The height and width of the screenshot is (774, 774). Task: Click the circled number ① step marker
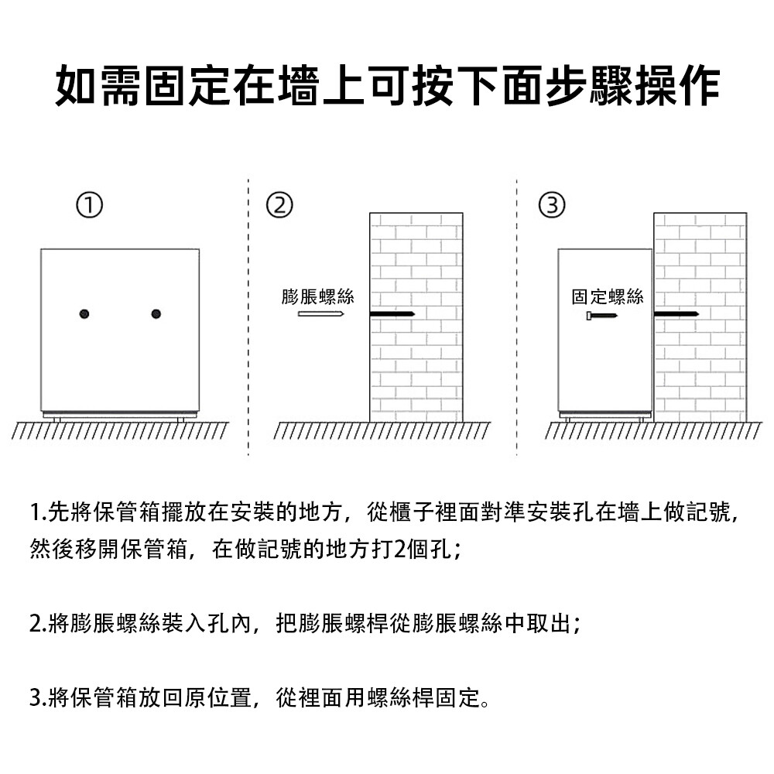pos(89,205)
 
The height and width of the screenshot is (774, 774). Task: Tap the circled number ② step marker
pos(279,205)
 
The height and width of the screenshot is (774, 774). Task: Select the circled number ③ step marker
pos(552,205)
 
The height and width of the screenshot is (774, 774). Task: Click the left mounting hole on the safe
pos(84,314)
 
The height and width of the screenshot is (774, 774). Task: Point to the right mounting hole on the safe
pos(156,314)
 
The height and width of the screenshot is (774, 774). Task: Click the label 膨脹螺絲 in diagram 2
pos(318,296)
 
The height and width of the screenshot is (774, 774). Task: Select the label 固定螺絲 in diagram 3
pos(608,296)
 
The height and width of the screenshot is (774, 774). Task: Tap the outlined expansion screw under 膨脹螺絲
pos(321,314)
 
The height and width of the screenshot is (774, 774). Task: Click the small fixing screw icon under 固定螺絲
pos(601,316)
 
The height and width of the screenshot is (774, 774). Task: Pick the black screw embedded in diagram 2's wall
pos(392,314)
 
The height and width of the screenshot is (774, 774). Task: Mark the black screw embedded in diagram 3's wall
pos(676,314)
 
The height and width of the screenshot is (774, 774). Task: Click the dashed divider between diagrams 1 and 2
pos(248,317)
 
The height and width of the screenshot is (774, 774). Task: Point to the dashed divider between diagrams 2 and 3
pos(517,317)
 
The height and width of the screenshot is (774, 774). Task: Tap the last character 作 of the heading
pos(699,85)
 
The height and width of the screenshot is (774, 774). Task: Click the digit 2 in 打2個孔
pos(400,550)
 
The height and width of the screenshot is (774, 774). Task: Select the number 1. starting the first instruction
pos(38,512)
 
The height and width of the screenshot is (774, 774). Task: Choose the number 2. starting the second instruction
pos(38,623)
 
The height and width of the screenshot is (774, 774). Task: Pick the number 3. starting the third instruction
pos(38,697)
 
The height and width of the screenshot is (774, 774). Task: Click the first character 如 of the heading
pos(75,85)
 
